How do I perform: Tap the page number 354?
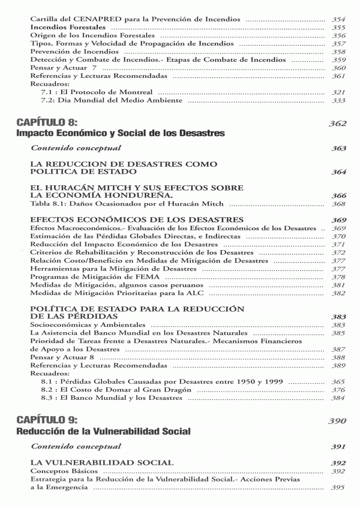[338, 20]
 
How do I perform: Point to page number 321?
[338, 93]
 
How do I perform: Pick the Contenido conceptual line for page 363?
[76, 148]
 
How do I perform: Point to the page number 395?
[338, 487]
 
